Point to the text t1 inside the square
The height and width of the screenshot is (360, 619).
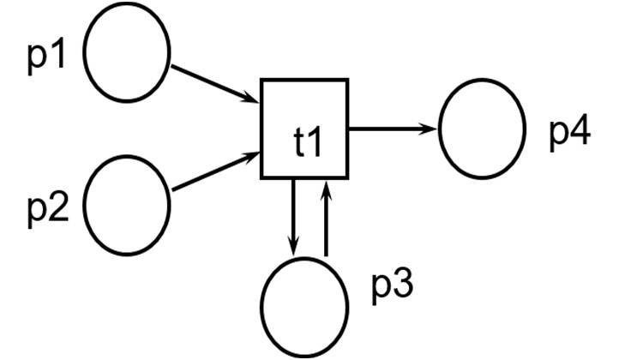click(307, 144)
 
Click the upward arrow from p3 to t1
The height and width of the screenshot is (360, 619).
click(325, 219)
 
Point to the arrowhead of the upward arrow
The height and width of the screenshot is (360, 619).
click(325, 185)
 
